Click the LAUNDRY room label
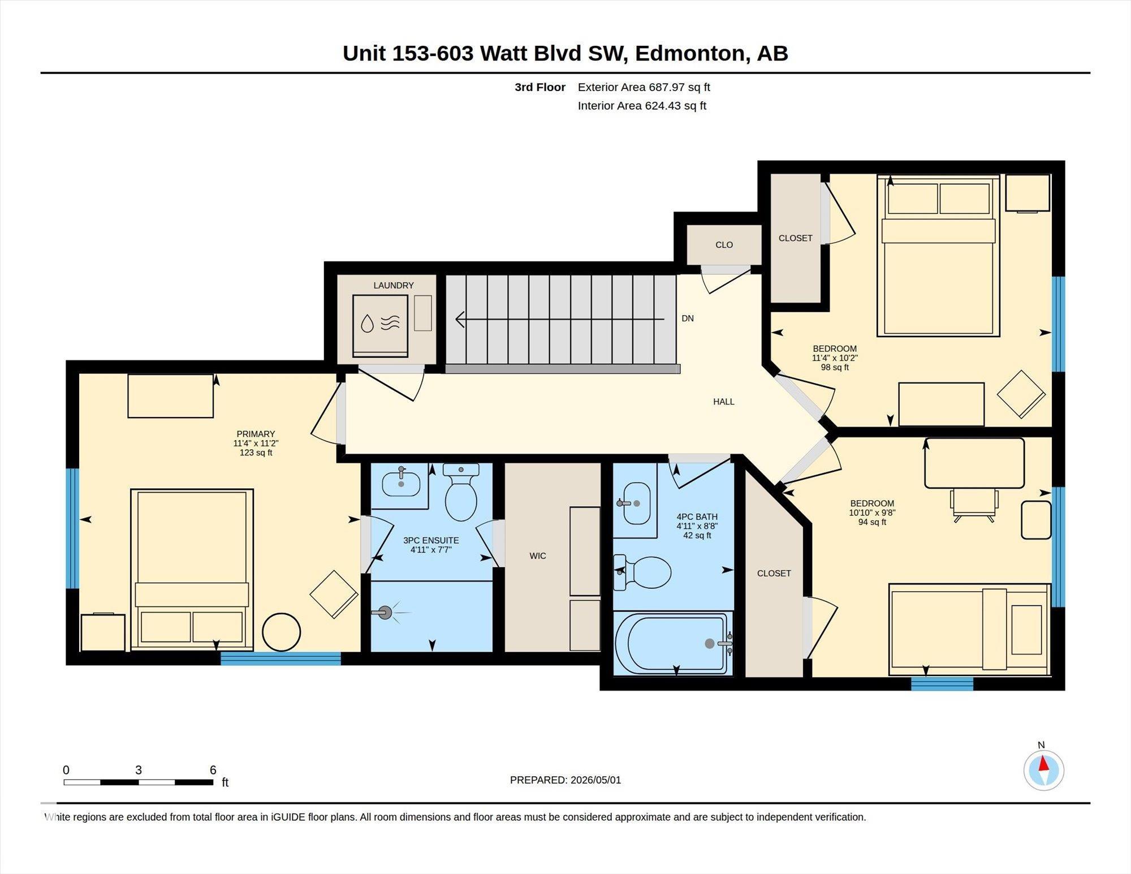(x=394, y=286)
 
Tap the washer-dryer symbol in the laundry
(x=380, y=326)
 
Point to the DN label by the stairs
(x=688, y=318)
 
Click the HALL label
(x=724, y=402)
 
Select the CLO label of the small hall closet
(x=724, y=245)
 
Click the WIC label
(x=538, y=556)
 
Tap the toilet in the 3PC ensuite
(x=461, y=492)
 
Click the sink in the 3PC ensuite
(x=401, y=483)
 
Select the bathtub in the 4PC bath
(x=672, y=644)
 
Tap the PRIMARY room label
(x=256, y=434)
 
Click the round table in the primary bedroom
(x=282, y=632)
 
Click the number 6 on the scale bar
(x=213, y=770)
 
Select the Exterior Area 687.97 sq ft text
(x=644, y=87)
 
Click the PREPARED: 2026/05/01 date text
(x=565, y=780)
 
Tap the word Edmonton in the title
(x=689, y=53)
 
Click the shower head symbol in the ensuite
(x=386, y=612)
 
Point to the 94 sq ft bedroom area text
(x=872, y=522)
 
